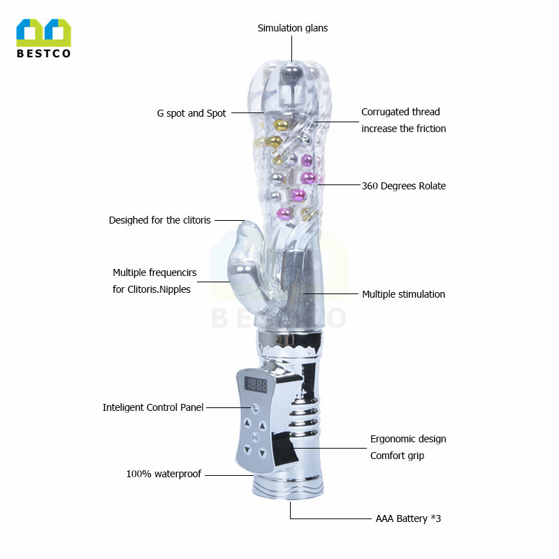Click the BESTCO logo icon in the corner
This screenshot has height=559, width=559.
point(43,33)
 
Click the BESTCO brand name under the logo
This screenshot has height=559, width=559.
point(43,54)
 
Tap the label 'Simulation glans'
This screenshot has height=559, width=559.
point(292,29)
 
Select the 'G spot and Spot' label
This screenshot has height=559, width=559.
point(191,113)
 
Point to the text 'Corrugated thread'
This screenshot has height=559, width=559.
point(400,112)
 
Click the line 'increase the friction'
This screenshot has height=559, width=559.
point(403,129)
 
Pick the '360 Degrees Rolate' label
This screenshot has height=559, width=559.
point(403,186)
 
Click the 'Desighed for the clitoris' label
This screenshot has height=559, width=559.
point(159,220)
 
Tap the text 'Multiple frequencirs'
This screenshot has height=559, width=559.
point(154,273)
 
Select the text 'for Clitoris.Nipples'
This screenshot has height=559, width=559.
point(152,289)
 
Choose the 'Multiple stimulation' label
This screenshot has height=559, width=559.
point(403,294)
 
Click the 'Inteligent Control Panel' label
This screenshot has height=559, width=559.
point(153,407)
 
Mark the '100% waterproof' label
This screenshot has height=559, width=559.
point(164,474)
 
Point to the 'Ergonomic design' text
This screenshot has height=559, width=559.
point(408,439)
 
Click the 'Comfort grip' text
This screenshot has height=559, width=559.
point(397,456)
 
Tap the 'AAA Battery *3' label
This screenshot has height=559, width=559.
point(408,518)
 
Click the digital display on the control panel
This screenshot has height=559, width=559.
point(256,384)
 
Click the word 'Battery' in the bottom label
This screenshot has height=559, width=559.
point(412,518)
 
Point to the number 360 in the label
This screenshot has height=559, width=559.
point(370,186)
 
